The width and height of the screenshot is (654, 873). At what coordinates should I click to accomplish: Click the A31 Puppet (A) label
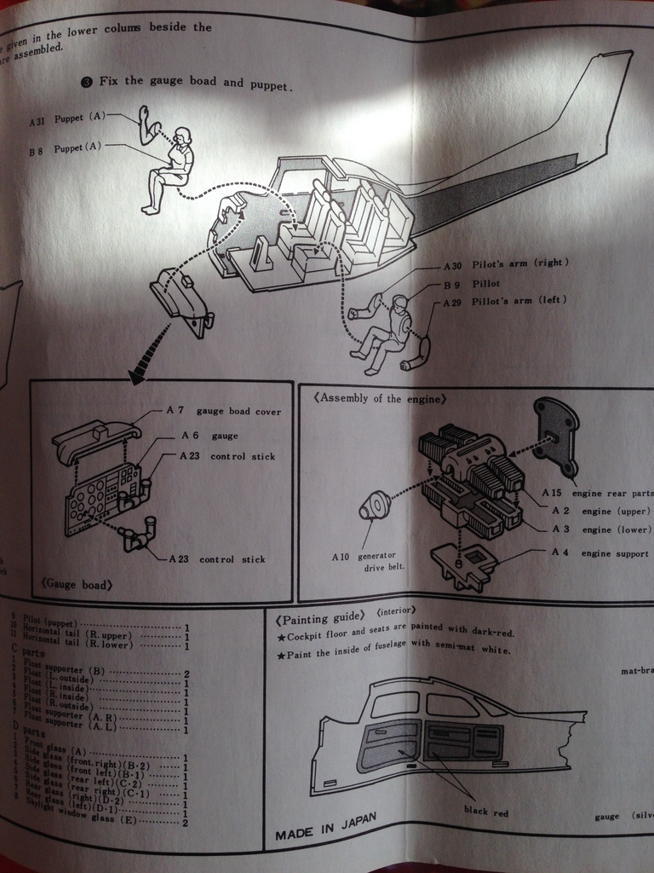tap(67, 119)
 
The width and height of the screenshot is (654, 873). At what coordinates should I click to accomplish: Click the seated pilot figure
tap(388, 332)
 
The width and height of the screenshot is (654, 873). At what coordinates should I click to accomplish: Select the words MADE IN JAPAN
tap(325, 826)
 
